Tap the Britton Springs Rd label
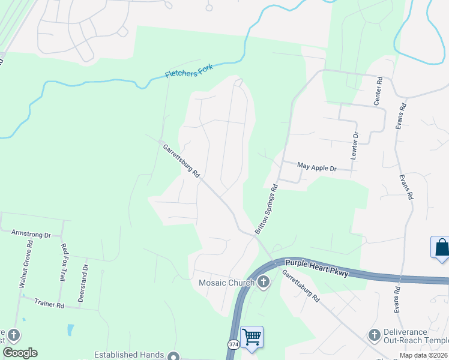pyautogui.click(x=267, y=209)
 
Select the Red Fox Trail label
pyautogui.click(x=62, y=262)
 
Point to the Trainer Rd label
pyautogui.click(x=49, y=304)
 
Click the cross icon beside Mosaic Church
pyautogui.click(x=263, y=283)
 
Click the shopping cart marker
pyautogui.click(x=252, y=336)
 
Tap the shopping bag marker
pyautogui.click(x=441, y=247)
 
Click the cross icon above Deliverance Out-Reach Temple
pyautogui.click(x=375, y=334)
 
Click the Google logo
pyautogui.click(x=20, y=353)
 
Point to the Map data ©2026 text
pyautogui.click(x=423, y=355)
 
